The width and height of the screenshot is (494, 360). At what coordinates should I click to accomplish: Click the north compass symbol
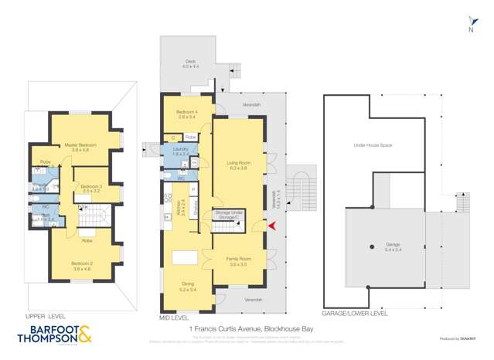pos(470,25)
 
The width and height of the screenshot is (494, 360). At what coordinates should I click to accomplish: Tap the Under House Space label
pos(370,144)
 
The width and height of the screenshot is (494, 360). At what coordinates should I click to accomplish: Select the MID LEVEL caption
pos(178,317)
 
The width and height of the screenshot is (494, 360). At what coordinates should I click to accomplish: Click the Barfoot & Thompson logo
pos(53,336)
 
